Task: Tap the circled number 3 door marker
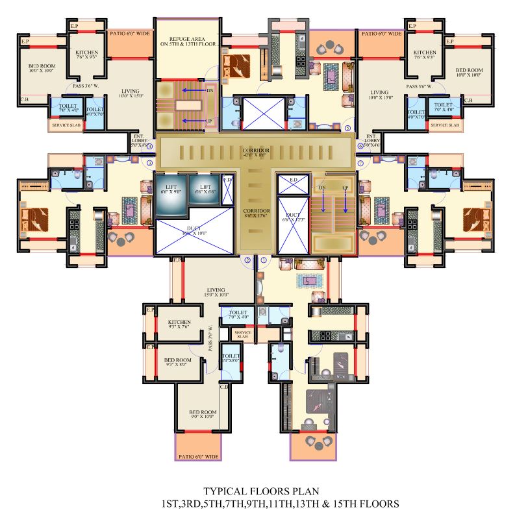pos(149,163)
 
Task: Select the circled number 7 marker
pos(361,163)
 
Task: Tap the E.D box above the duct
pos(292,180)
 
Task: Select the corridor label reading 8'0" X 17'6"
pos(255,215)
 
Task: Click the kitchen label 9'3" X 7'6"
pos(179,324)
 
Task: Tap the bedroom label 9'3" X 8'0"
pos(177,363)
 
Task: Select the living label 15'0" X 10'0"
pos(216,293)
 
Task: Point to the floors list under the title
pos(279,504)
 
